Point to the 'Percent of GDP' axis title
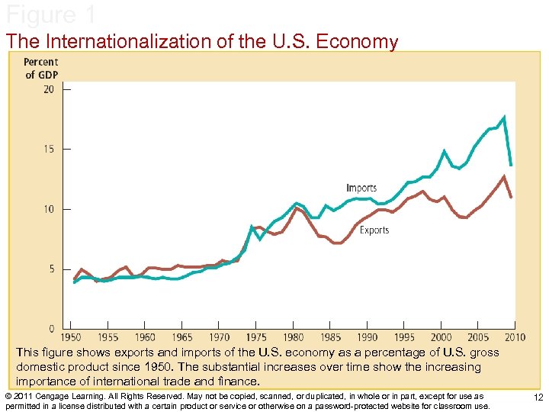coord(41,68)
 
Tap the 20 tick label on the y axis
coord(49,89)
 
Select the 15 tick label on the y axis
coord(49,150)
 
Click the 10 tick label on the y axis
coord(49,209)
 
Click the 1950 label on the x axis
coord(72,336)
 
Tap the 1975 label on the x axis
coord(255,336)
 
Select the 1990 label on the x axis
coord(368,336)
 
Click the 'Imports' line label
coord(361,188)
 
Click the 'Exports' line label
coord(374,230)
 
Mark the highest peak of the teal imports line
coord(504,117)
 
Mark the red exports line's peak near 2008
coord(503,176)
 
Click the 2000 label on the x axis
coord(441,336)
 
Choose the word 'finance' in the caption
coord(238,381)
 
